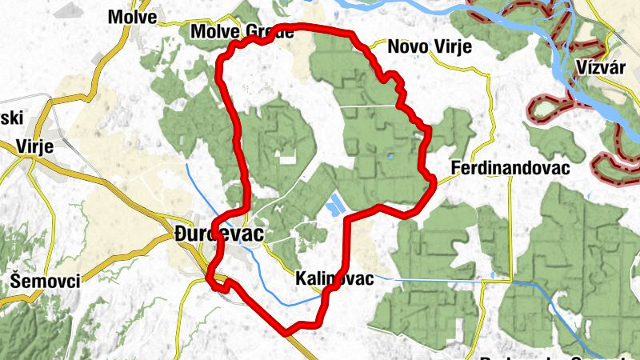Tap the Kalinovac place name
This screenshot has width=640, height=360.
[x=334, y=279]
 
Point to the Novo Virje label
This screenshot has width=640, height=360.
[x=430, y=47]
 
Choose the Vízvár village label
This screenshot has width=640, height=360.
[x=600, y=66]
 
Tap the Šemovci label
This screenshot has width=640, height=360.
[x=42, y=281]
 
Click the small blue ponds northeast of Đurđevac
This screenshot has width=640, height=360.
[x=334, y=205]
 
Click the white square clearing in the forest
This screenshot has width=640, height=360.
[x=282, y=158]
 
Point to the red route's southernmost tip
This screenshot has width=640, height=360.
[x=286, y=330]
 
